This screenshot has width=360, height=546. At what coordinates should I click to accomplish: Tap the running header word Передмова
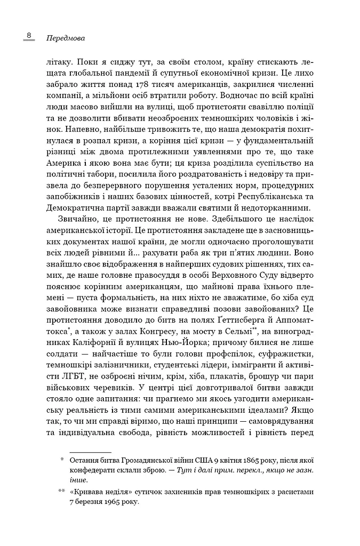pos(66,38)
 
